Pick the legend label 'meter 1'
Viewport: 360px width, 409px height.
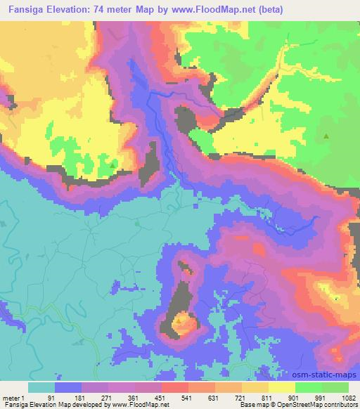(13, 397)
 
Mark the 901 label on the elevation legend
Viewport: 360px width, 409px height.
(295, 397)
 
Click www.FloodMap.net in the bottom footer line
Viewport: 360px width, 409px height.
(137, 405)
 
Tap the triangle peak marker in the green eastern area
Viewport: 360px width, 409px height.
(326, 136)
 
